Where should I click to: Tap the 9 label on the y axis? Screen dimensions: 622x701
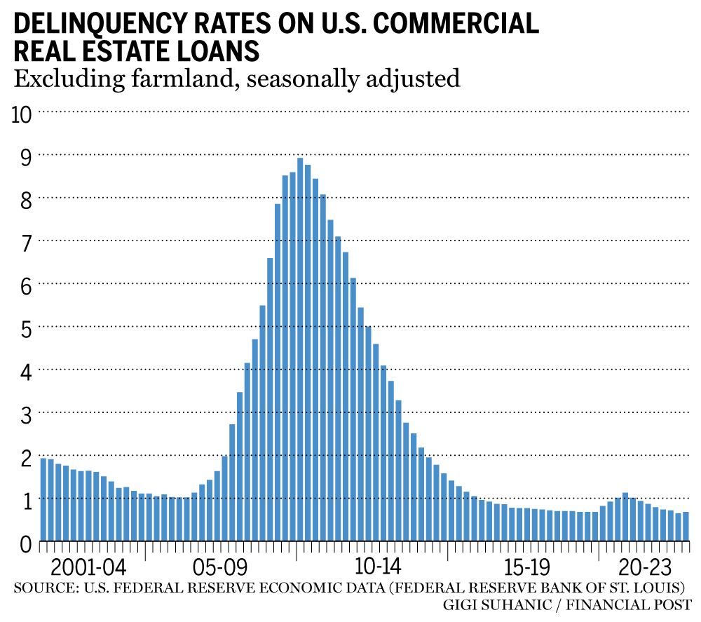click(x=25, y=156)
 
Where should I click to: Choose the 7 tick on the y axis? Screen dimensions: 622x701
click(x=25, y=242)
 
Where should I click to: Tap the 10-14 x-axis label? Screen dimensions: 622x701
click(x=379, y=567)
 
